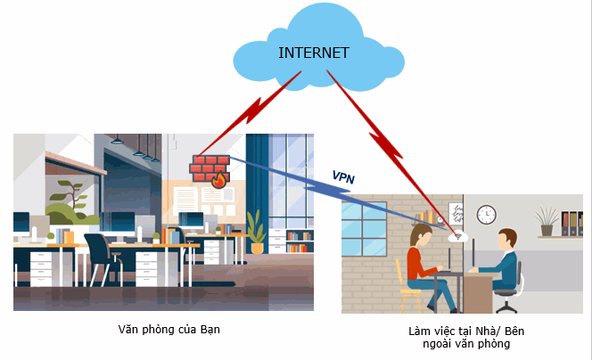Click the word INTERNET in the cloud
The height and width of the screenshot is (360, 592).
tap(313, 52)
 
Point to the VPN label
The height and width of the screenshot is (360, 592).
tap(343, 176)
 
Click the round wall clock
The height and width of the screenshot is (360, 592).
tap(486, 214)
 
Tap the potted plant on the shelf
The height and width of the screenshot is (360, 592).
tap(547, 218)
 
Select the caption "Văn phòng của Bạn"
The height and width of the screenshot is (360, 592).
tap(169, 330)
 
